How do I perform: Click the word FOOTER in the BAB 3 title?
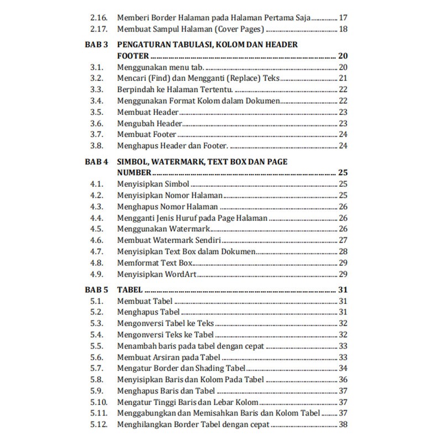134,56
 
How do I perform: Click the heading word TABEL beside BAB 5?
130,290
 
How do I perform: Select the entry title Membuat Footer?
146,134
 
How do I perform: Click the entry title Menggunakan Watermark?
164,229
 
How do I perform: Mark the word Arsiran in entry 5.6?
167,357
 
